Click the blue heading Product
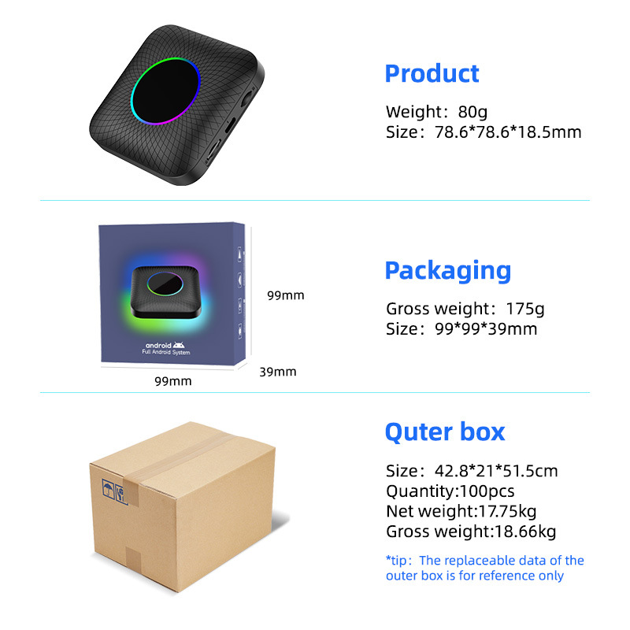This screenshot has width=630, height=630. pyautogui.click(x=432, y=74)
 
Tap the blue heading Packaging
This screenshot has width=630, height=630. pyautogui.click(x=447, y=271)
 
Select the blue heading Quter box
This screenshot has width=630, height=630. pyautogui.click(x=444, y=432)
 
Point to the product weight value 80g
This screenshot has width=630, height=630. pyautogui.click(x=472, y=112)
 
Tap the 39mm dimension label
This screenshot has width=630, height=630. pyautogui.click(x=278, y=371)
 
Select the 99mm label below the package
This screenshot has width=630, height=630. pyautogui.click(x=172, y=381)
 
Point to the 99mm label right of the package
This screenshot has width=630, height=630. pyautogui.click(x=285, y=296)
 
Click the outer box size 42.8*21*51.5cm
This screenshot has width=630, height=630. pyautogui.click(x=491, y=471)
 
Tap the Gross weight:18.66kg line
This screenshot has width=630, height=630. pyautogui.click(x=471, y=532)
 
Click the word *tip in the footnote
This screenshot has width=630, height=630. pyautogui.click(x=399, y=561)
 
